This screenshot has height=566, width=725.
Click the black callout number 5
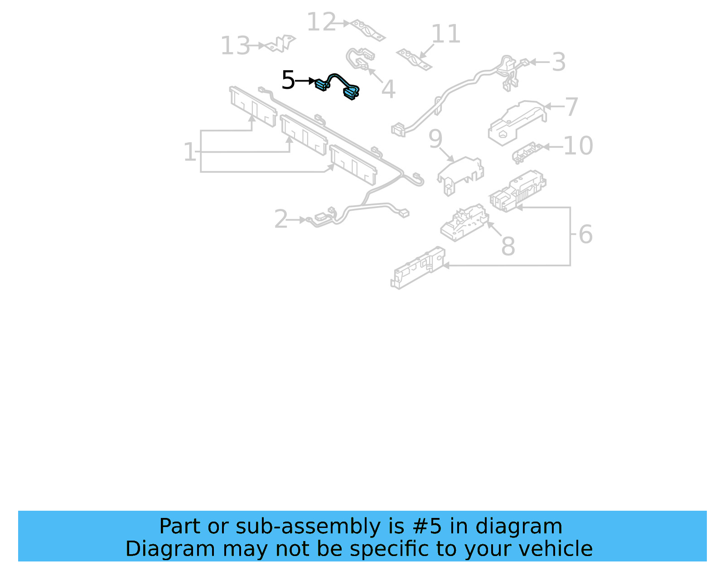coord(288,80)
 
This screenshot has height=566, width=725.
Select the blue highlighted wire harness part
coord(338,85)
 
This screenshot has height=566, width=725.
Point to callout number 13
coord(235,46)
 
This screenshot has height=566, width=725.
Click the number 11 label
coord(445,34)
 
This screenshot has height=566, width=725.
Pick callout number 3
coord(559,62)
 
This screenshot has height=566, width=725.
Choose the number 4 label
coord(388,89)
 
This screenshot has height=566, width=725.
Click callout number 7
coord(572,107)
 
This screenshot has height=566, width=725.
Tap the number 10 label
coord(578,146)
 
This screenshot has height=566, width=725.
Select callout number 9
coord(435,139)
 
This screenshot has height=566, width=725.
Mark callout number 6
coord(585,234)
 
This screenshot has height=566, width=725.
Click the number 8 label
coord(508,246)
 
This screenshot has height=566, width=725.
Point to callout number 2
coord(281,219)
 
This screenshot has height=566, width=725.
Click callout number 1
coord(189,152)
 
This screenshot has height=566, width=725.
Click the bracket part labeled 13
coord(282,44)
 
